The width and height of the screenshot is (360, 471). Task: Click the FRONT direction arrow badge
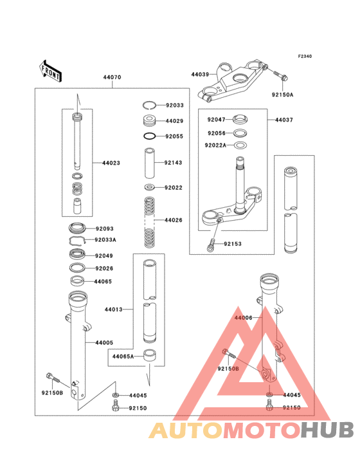[x=51, y=70]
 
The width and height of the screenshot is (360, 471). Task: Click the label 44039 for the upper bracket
[x=200, y=75]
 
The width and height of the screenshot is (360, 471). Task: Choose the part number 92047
[x=217, y=120]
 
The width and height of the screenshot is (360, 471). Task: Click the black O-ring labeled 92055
[x=149, y=136]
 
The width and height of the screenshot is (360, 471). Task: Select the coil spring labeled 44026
[x=149, y=221]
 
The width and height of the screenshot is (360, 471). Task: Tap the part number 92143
[x=174, y=163]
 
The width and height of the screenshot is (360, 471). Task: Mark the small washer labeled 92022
[x=149, y=187]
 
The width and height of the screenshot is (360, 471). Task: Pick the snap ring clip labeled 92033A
[x=78, y=240]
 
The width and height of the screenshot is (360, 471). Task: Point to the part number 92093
[x=105, y=228]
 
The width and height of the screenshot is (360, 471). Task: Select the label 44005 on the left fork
[x=104, y=343]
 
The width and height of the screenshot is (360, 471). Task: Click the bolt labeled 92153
[x=211, y=245]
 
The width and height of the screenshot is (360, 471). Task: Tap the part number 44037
[x=284, y=120]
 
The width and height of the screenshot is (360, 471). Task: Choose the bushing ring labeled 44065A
[x=149, y=355]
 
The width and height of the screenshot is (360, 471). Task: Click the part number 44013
[x=114, y=309]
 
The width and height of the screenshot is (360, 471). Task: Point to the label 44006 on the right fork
[x=244, y=318]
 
